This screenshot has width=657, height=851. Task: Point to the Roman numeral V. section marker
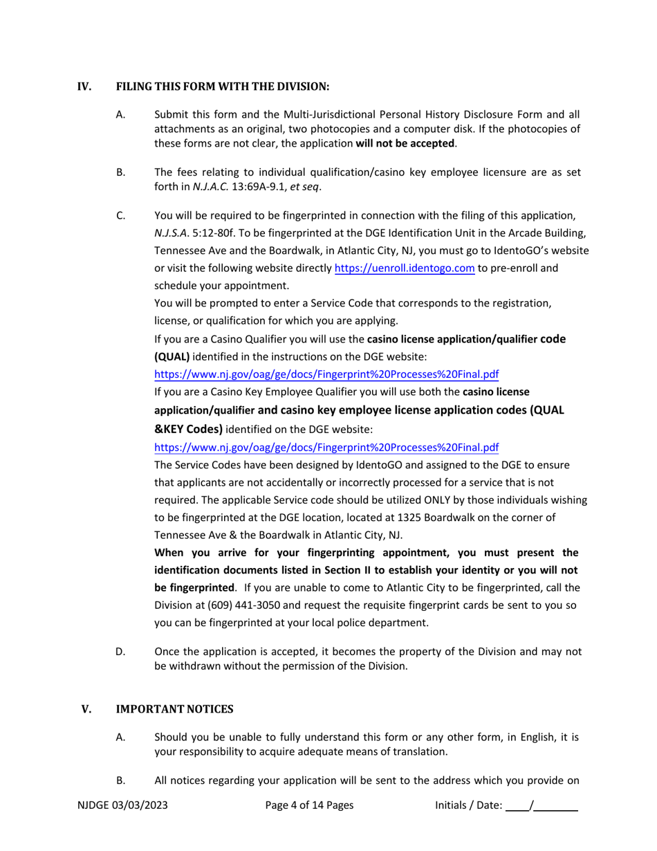point(86,709)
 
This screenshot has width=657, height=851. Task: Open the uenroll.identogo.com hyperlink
point(405,268)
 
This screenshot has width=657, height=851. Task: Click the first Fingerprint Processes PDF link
point(326,374)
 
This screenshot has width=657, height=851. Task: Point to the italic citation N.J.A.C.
point(215,187)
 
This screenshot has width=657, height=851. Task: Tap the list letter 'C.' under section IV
point(121,216)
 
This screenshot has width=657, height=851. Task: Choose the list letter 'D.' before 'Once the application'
point(121,652)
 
